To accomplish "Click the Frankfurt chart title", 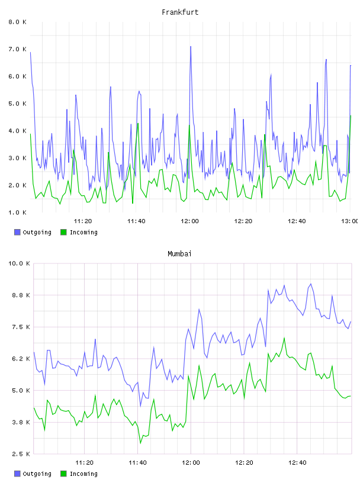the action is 180,12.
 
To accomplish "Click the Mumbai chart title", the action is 179,253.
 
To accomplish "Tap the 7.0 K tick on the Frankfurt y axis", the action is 17,49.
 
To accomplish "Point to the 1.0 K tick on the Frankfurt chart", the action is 17,212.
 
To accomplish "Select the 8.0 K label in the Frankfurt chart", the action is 17,22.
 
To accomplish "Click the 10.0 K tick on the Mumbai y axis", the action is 19,263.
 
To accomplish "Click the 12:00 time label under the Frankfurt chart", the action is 189,221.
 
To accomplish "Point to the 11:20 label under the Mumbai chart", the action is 84,463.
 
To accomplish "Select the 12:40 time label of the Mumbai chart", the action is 297,463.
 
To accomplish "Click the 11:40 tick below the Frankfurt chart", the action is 136,221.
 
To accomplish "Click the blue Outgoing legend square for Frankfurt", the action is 17,232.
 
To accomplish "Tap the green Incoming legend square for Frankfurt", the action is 63,232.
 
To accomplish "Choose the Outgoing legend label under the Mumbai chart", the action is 37,474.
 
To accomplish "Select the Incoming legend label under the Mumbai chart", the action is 83,474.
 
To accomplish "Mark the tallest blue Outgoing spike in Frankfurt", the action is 191,47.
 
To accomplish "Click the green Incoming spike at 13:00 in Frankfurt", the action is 351,116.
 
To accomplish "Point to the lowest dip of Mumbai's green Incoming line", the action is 140,443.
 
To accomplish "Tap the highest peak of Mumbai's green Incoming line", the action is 284,338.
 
